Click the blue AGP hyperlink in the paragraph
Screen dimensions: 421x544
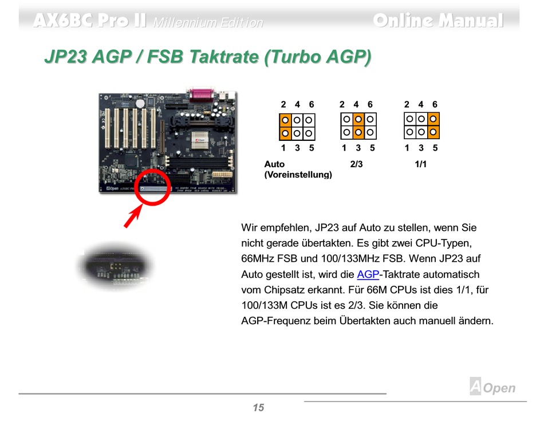click(368, 274)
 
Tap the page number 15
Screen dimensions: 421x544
click(258, 408)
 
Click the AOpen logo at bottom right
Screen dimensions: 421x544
click(492, 387)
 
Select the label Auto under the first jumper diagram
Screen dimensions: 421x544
click(274, 164)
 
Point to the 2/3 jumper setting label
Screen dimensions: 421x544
click(356, 164)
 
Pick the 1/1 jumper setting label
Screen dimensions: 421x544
click(421, 164)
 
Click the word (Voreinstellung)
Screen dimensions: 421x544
click(298, 175)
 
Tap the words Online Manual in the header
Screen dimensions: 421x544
click(438, 21)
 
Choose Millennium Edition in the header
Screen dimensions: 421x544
click(208, 22)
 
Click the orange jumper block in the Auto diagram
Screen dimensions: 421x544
click(285, 127)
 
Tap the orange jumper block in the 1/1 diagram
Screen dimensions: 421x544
click(433, 126)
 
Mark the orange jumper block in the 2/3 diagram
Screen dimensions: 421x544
click(358, 127)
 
